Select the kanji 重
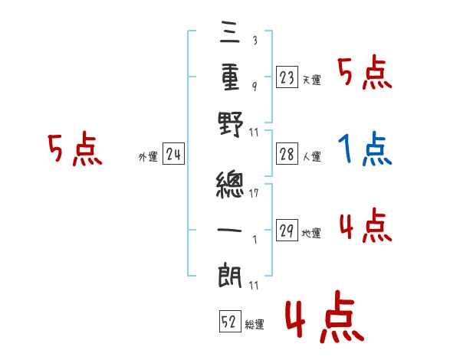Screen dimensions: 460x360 pos(231,77)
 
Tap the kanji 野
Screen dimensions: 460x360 pos(231,124)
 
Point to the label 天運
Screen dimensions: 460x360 pos(311,80)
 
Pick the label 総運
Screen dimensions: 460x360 pos(255,325)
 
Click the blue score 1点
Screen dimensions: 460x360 pos(364,149)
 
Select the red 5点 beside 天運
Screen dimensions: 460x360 pos(364,74)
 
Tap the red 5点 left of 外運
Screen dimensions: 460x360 pos(75,149)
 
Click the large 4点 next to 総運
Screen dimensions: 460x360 pos(322,319)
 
